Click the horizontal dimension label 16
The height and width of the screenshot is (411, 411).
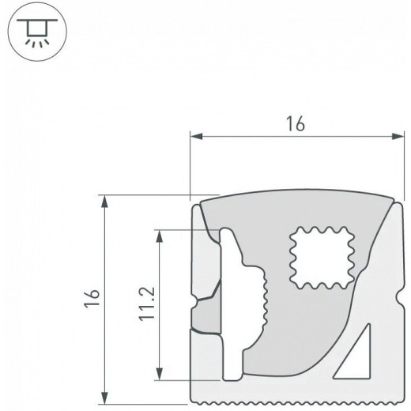point(296,123)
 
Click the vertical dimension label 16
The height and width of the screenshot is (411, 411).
point(92,298)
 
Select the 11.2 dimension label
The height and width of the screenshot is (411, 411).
point(147,304)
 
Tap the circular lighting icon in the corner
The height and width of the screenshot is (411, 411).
point(37,32)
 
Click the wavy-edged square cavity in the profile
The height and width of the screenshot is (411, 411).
point(322,258)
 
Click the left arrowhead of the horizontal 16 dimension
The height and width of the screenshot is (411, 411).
point(196,136)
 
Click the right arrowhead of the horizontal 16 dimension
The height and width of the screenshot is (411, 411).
point(398,136)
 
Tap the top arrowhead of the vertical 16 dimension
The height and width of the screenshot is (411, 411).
point(105,202)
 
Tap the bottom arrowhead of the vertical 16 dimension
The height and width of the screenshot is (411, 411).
point(105,398)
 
